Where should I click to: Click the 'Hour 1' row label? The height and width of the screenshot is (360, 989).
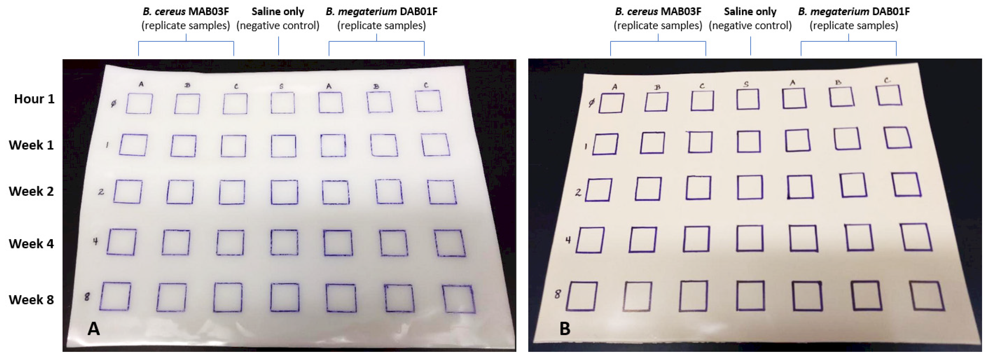(x=34, y=99)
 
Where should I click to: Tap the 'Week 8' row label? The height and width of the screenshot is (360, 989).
(x=31, y=300)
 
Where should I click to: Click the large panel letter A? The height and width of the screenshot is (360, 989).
(x=94, y=328)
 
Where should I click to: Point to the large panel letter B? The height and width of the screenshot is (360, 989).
(x=565, y=328)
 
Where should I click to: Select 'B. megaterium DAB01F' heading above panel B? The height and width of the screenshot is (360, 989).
(x=853, y=11)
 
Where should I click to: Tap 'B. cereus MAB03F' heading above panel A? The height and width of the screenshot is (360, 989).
(x=186, y=11)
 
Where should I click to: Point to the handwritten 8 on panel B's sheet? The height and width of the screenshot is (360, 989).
(x=557, y=294)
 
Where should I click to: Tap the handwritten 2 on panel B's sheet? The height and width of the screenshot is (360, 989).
(x=578, y=192)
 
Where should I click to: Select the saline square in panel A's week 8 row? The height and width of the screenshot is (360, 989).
(x=284, y=297)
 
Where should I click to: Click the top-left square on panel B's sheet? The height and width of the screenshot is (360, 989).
(x=611, y=103)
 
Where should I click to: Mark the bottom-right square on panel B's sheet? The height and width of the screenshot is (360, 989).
(x=927, y=296)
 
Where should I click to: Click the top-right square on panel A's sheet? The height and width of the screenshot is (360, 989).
(x=429, y=101)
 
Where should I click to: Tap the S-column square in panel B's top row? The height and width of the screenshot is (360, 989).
(x=748, y=99)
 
